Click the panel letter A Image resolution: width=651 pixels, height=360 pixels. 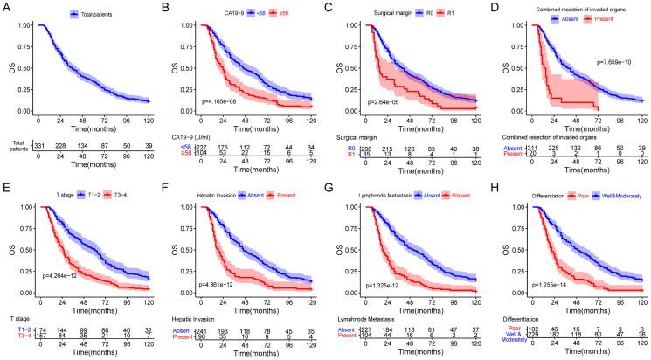point(6,7)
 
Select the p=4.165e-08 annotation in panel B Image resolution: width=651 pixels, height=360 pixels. point(229,102)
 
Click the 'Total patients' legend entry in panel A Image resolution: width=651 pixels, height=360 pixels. point(99,13)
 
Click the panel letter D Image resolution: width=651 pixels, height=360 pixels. point(495,7)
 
